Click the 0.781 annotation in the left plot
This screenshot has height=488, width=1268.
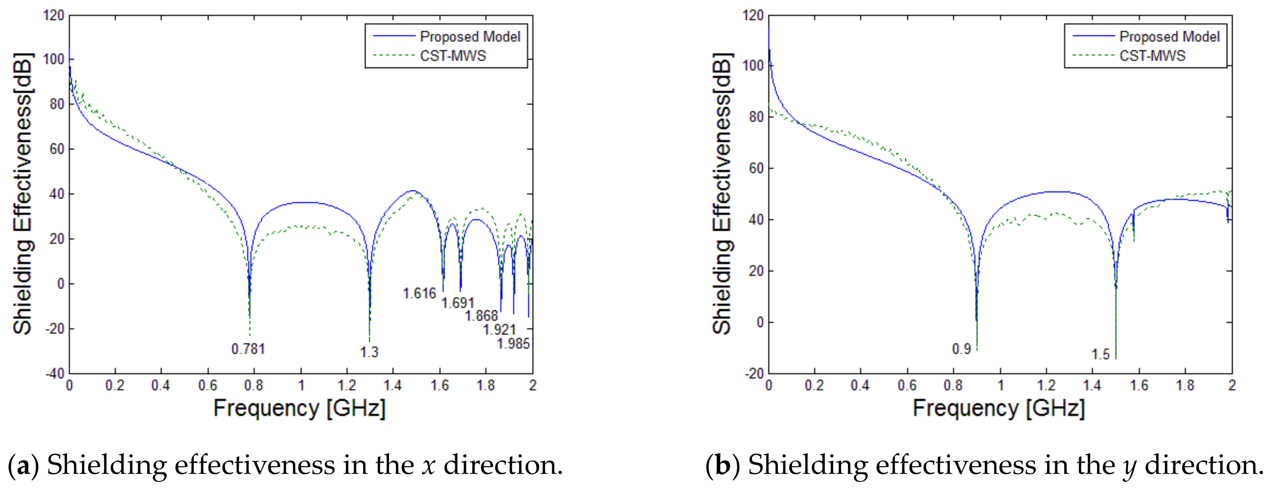pos(248,349)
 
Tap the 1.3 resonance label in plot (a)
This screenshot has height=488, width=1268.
pos(369,352)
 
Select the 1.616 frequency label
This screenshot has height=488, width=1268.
pos(419,293)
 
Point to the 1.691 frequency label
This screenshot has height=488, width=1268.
pos(457,303)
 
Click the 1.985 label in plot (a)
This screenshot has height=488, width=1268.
pos(513,343)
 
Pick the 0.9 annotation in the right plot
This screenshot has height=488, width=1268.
pos(961,349)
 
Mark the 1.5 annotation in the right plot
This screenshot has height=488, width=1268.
pos(1101,354)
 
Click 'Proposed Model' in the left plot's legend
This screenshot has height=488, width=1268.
pos(470,37)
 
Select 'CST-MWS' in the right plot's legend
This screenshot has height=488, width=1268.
pos(1152,56)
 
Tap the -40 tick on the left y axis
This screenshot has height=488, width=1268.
pos(55,373)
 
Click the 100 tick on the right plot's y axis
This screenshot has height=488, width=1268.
pos(753,65)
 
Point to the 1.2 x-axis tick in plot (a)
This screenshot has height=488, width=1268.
pos(347,385)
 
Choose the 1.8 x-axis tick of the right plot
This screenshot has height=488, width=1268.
pos(1185,385)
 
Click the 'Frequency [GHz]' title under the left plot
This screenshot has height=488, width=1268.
pos(299,408)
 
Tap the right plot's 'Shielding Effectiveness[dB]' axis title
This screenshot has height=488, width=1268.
pos(722,193)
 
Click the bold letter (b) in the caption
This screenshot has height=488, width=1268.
pos(722,465)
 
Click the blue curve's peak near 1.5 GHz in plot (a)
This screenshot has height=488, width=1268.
pos(413,191)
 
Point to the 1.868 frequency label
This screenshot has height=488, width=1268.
pos(481,316)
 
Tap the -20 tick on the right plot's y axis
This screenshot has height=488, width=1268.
pos(754,373)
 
